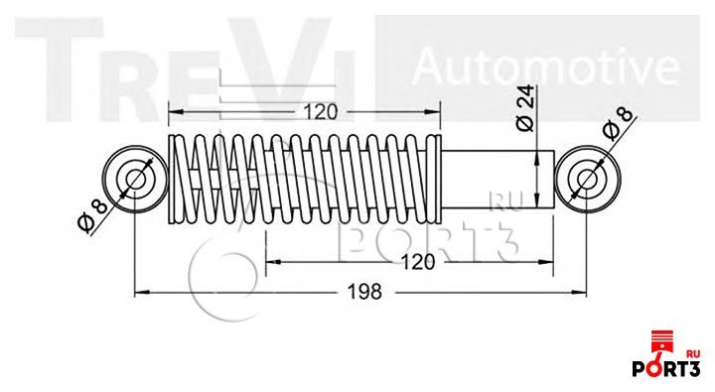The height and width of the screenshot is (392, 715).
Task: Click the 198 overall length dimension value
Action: (364, 292)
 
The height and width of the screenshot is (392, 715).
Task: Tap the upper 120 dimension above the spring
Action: (321, 112)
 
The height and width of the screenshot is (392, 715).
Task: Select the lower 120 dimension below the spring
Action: (418, 262)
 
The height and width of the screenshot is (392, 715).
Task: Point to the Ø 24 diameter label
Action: (525, 108)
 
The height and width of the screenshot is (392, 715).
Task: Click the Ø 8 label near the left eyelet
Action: (92, 215)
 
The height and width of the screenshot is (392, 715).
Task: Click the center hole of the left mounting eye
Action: (135, 180)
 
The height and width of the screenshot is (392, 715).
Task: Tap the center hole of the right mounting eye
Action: (588, 180)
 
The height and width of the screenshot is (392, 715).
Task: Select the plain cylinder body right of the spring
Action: (498, 180)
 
